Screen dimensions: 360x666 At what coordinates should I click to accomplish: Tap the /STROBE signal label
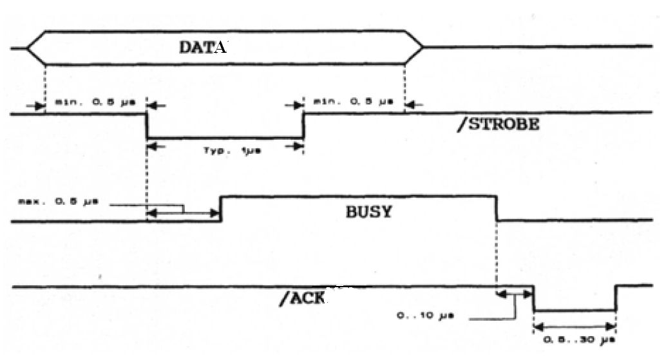(x=497, y=124)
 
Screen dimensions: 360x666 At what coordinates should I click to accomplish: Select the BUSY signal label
(x=368, y=211)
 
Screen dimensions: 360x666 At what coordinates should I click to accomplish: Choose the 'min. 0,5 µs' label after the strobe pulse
(x=345, y=103)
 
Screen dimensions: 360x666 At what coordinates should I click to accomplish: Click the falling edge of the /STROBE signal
(x=147, y=126)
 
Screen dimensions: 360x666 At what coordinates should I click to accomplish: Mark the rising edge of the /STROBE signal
(x=303, y=126)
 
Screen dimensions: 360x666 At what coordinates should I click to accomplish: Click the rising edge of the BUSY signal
(x=221, y=209)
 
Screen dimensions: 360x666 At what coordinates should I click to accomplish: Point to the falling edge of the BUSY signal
(x=497, y=209)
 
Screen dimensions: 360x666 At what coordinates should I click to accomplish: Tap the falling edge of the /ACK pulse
(x=534, y=298)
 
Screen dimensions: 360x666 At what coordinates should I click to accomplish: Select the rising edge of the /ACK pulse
(x=616, y=298)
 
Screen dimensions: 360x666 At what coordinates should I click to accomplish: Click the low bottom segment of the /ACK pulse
(x=575, y=310)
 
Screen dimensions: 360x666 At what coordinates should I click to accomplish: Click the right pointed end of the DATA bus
(x=422, y=47)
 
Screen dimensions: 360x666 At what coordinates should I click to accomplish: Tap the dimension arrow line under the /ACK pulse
(x=575, y=325)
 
